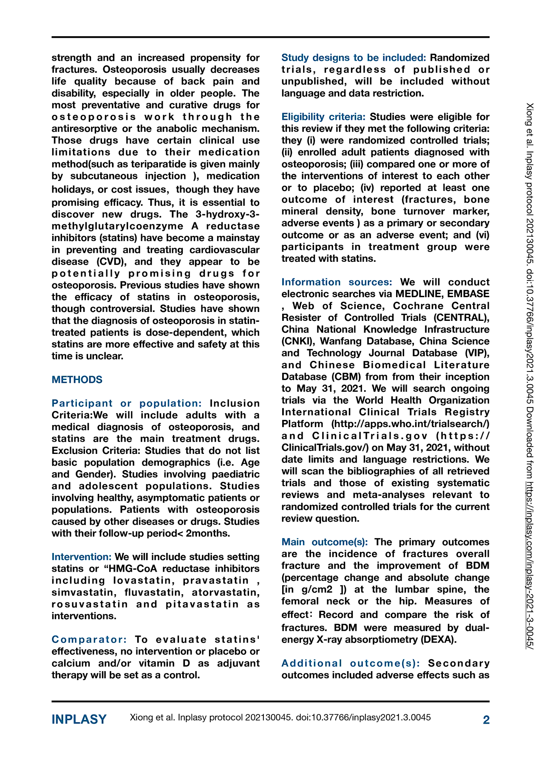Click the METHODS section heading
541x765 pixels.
(x=77, y=380)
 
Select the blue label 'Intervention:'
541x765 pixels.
(x=82, y=557)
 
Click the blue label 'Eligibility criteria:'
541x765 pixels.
(x=323, y=117)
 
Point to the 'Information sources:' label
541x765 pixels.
(x=337, y=282)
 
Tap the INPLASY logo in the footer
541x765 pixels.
(x=79, y=719)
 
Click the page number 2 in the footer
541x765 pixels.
(x=486, y=720)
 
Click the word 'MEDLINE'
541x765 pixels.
(x=418, y=294)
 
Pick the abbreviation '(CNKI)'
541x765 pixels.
(x=298, y=341)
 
